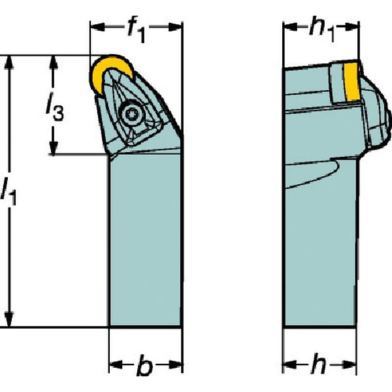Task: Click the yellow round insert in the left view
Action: coord(105,72)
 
